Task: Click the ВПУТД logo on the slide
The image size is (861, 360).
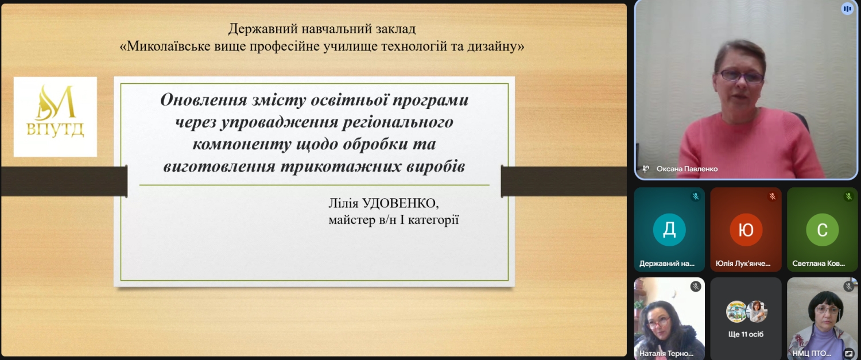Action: (x=55, y=117)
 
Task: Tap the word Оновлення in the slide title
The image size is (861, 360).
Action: (x=203, y=99)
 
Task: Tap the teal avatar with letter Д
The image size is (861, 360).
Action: (x=669, y=230)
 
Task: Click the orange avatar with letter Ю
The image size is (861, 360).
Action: (x=746, y=230)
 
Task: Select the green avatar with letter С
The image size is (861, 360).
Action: (x=822, y=230)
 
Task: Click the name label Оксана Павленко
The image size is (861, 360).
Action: (x=687, y=169)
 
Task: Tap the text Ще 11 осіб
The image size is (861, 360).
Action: (x=746, y=334)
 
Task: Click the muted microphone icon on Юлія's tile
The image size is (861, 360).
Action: (x=772, y=196)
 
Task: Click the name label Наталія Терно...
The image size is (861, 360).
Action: (x=666, y=353)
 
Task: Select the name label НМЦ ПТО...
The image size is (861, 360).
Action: (x=812, y=353)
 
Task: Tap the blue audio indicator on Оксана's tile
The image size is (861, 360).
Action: (x=847, y=9)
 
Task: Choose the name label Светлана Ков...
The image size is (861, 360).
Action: (x=819, y=264)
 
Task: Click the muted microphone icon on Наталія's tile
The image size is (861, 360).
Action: (x=695, y=287)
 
